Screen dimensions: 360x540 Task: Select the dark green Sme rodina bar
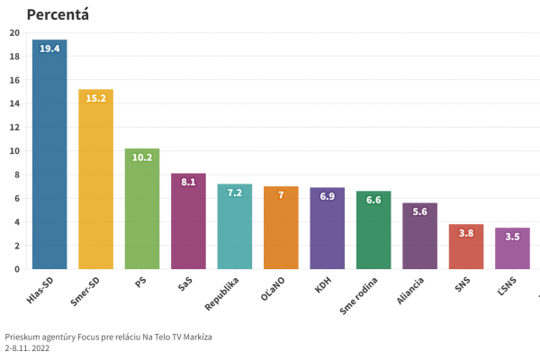tap(373, 234)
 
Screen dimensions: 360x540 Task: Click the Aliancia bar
tap(419, 238)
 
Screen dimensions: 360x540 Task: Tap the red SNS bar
tap(466, 248)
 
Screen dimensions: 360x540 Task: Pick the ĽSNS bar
tap(512, 250)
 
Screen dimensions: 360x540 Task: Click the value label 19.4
tap(49, 49)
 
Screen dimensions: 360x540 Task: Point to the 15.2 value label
tap(95, 99)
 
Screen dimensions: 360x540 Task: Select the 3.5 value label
tap(512, 238)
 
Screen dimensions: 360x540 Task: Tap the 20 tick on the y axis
tap(13, 33)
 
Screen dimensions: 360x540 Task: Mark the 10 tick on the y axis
tap(13, 151)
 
